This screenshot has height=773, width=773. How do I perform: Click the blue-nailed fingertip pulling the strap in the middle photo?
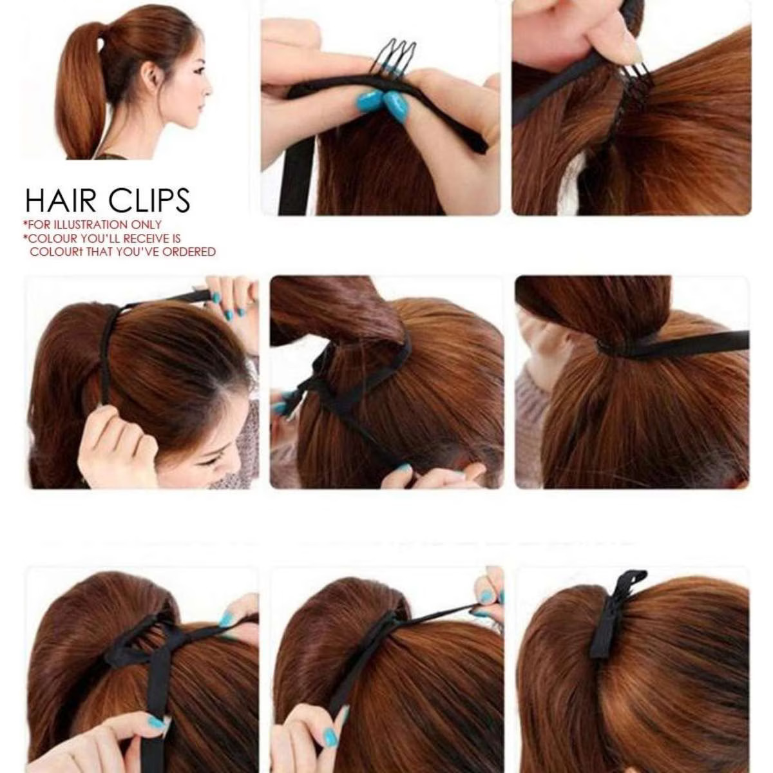coord(403,468)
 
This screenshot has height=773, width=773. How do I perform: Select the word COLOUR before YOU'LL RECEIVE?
coord(52,238)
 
